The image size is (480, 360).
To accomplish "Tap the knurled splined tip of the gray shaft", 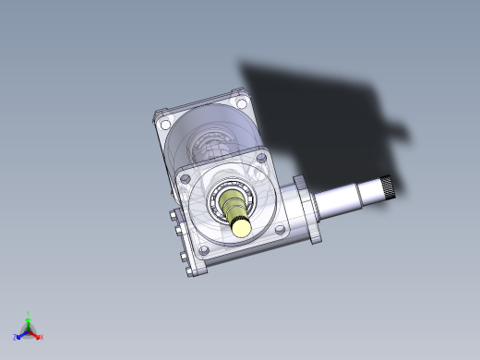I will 390,187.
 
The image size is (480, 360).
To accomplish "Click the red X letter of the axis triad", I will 41,338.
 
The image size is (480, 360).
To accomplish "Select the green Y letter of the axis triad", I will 29,314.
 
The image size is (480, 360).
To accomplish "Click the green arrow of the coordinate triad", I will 29,322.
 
